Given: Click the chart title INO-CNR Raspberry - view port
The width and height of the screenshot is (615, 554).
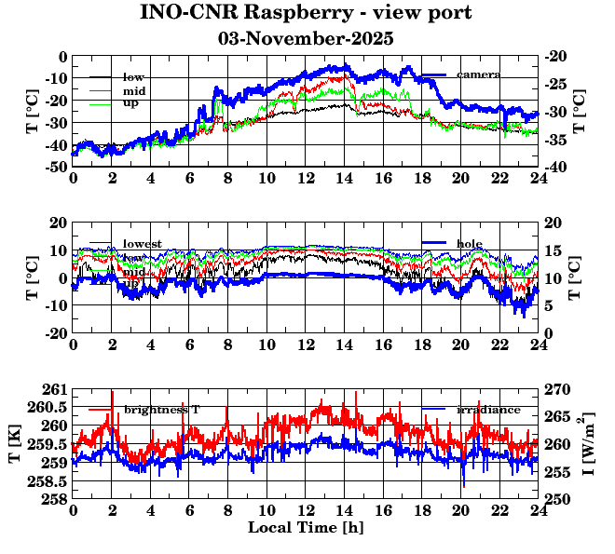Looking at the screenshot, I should [x=306, y=14].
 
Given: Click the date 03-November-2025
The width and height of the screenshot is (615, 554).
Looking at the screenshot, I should [x=306, y=39].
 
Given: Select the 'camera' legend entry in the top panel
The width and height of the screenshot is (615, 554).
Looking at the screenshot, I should [x=479, y=74].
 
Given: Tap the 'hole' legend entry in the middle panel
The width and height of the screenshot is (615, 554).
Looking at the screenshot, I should [x=470, y=243].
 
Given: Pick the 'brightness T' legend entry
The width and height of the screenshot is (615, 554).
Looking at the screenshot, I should [x=162, y=410].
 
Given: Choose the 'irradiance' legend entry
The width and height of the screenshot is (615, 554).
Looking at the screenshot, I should [x=481, y=410].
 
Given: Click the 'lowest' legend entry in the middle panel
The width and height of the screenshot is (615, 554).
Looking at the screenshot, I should [x=142, y=244].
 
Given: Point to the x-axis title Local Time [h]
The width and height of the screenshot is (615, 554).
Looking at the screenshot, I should [x=306, y=528].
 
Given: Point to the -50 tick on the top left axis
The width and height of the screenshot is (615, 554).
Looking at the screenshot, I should [x=56, y=167].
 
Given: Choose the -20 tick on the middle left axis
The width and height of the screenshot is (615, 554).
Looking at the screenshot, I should [x=56, y=333].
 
